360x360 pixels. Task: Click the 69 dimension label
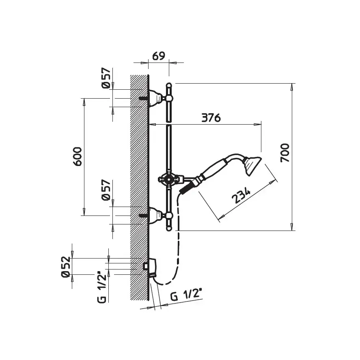click(x=159, y=56)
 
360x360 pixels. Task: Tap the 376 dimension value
click(x=211, y=118)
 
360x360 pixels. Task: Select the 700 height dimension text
click(x=285, y=153)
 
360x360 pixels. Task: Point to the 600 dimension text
click(x=77, y=156)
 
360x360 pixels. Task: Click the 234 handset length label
click(x=241, y=195)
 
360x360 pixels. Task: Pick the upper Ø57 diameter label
click(x=106, y=78)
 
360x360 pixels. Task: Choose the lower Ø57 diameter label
click(x=106, y=190)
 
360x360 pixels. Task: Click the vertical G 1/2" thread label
click(x=102, y=288)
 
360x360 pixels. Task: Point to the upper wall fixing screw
click(x=144, y=98)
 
